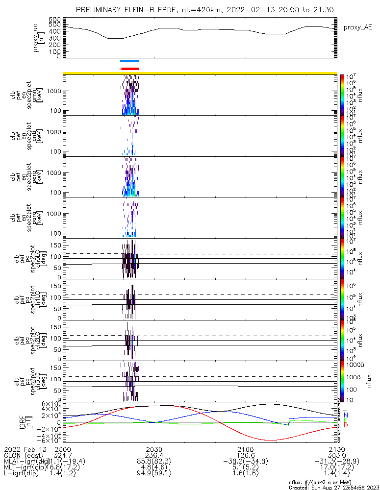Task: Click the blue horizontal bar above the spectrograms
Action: (x=130, y=61)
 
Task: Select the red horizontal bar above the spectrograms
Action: (x=130, y=69)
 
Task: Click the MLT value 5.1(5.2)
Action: (x=245, y=468)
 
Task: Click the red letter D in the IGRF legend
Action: (x=346, y=425)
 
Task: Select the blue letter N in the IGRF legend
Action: (x=346, y=415)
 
